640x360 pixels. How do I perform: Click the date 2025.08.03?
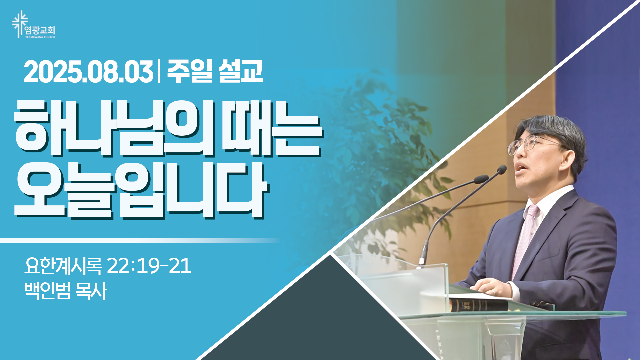tap(88, 72)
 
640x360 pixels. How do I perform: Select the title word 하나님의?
tap(114, 128)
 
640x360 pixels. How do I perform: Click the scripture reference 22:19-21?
tap(149, 266)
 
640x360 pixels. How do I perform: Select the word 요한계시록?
tap(63, 266)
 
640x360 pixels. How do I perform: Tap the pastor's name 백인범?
tap(47, 291)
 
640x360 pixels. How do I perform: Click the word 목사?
tap(91, 291)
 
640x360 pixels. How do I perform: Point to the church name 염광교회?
tap(40, 31)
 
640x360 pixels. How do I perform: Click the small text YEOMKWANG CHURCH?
tap(40, 37)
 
